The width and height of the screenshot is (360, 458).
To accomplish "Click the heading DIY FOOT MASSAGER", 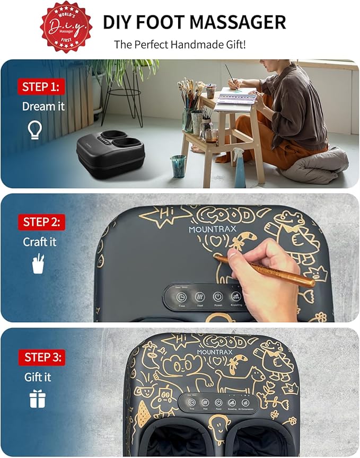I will pos(194,22).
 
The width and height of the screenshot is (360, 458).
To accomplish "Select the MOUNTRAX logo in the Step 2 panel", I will pos(212,230).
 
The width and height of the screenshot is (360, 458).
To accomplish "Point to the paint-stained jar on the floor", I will pos(178,166).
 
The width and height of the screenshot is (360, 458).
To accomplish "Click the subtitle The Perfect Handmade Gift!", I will pos(180,45).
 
